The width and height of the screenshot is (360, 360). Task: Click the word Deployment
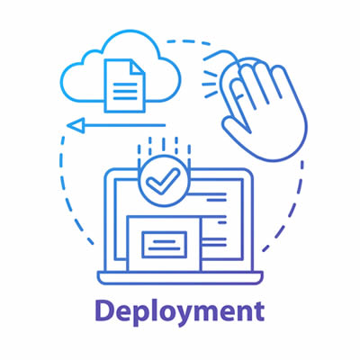(x=180, y=312)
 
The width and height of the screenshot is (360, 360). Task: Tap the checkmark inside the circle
(x=163, y=182)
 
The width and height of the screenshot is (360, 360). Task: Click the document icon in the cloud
(x=125, y=85)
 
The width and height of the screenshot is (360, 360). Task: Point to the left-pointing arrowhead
(x=76, y=125)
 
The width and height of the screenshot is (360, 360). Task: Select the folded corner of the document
(x=138, y=67)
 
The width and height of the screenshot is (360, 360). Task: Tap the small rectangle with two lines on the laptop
(x=164, y=245)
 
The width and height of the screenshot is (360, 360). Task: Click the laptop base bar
(x=180, y=278)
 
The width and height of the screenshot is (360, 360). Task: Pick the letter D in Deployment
(x=105, y=310)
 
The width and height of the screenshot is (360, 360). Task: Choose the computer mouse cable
(x=221, y=53)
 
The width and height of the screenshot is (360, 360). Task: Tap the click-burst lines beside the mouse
(x=210, y=85)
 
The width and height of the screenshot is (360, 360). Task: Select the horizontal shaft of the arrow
(x=125, y=125)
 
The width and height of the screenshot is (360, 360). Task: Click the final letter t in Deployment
(x=258, y=312)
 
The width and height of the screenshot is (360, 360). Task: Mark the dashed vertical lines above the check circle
(x=164, y=151)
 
